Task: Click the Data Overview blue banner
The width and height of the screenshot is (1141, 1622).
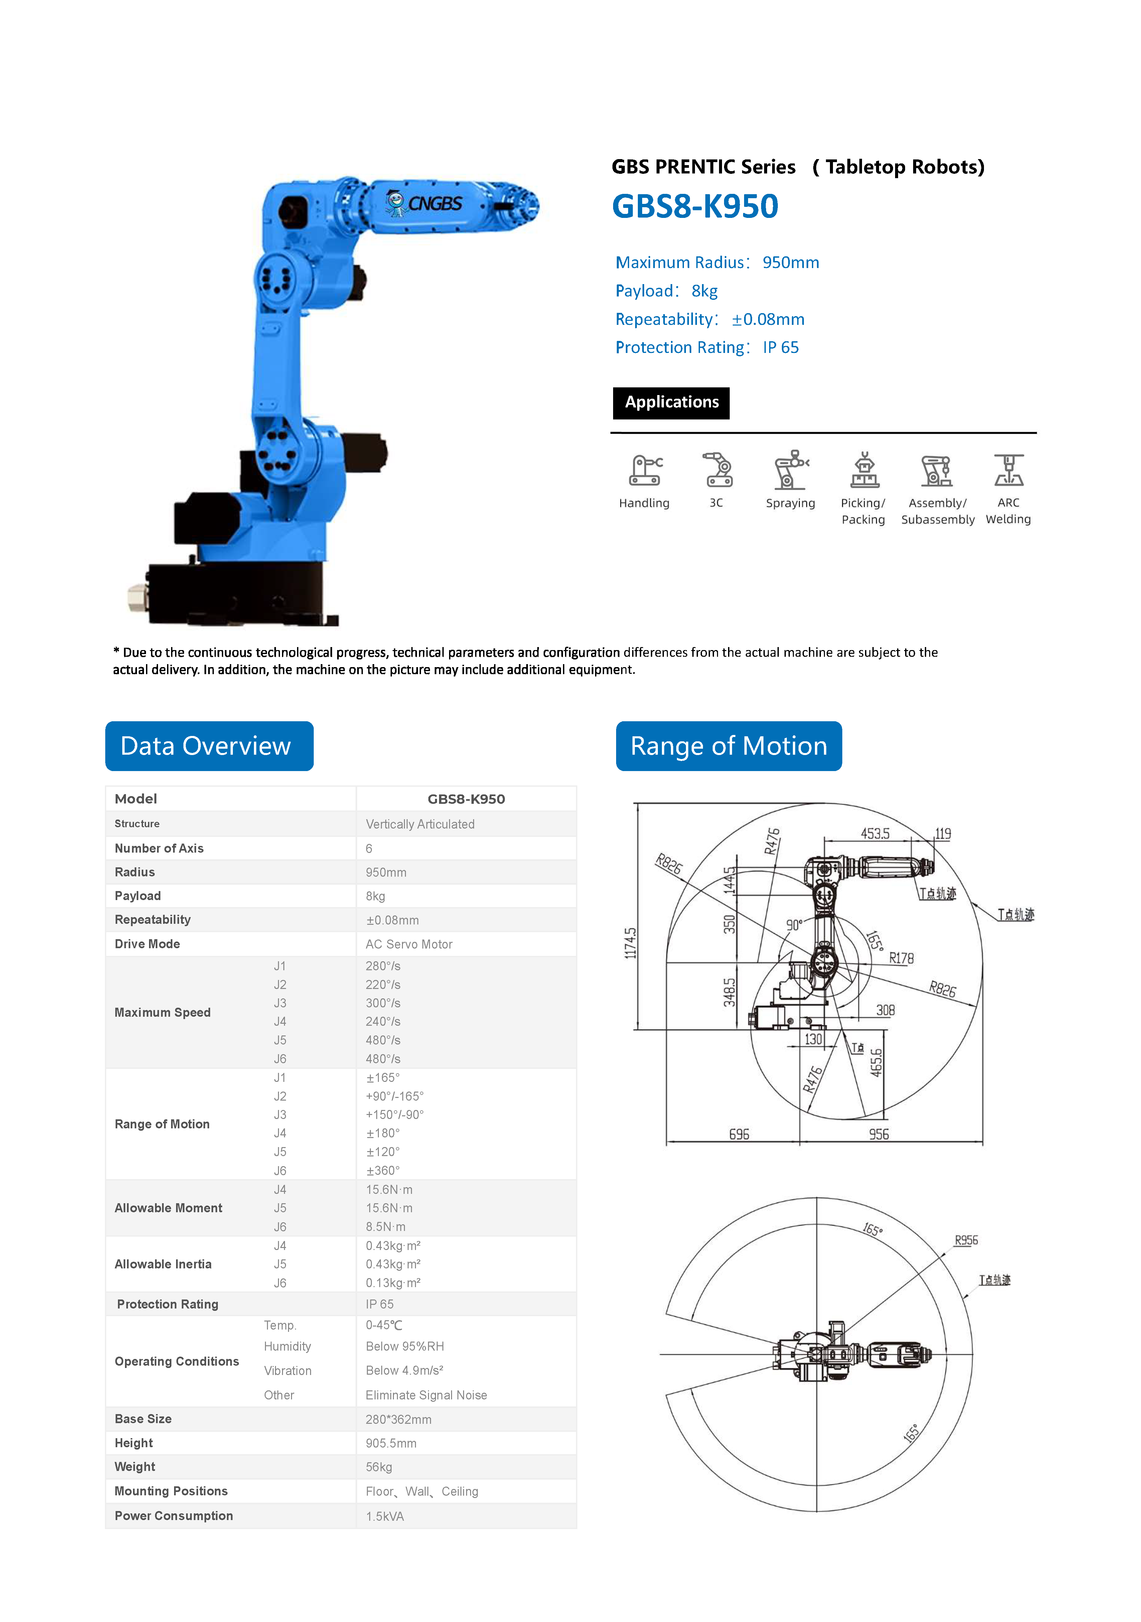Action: click(209, 746)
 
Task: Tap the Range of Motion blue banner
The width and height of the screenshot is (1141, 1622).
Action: click(729, 746)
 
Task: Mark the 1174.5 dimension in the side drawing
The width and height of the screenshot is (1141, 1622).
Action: click(630, 943)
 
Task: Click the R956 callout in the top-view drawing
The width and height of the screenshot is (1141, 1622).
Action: click(966, 1241)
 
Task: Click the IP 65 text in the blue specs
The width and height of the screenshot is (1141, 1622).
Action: click(781, 348)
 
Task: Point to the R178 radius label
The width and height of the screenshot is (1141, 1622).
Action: click(901, 959)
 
